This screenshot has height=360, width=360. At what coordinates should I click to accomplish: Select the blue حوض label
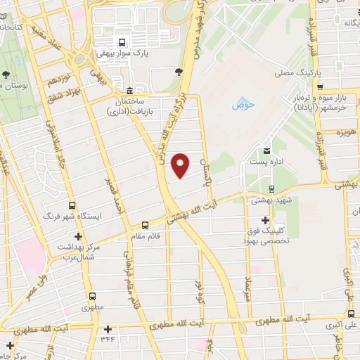pos(243,105)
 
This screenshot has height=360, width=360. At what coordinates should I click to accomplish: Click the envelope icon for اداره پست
pos(266,150)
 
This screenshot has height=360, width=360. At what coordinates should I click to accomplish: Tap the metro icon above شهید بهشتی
pos(271,188)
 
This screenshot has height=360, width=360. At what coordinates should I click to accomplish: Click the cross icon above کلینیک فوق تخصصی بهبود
pos(266,221)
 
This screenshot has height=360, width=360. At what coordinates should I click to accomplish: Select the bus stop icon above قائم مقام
pos(145,226)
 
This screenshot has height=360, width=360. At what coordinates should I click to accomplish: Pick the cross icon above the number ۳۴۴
pos(108,329)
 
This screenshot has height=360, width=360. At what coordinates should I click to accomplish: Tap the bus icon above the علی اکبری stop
pos(351,314)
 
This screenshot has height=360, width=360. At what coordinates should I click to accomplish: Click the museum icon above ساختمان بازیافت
pos(129,91)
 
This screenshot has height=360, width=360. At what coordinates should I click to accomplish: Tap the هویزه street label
pos(343,134)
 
